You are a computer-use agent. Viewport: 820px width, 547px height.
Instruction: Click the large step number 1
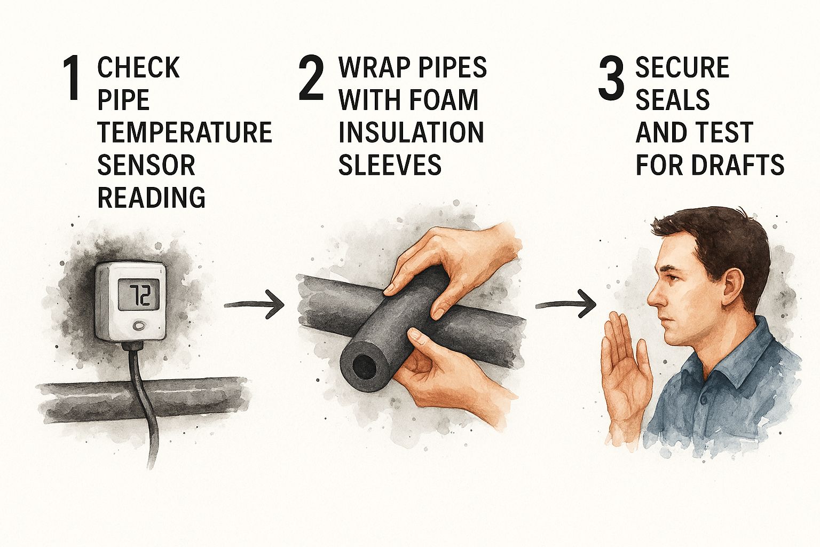[x=72, y=77]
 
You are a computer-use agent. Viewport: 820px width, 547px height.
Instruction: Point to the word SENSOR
[x=146, y=165]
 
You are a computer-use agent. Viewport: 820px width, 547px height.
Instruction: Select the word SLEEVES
[x=390, y=165]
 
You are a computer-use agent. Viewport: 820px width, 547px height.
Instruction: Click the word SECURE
[x=682, y=67]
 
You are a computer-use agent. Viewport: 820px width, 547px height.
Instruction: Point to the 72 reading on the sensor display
[x=139, y=295]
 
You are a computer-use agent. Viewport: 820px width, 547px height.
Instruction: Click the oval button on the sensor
[x=139, y=325]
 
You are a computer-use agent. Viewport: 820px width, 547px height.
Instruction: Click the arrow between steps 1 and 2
[x=254, y=304]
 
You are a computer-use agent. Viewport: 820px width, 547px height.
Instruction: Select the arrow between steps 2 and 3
[x=565, y=304]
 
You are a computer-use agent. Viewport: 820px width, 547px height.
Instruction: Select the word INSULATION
[x=411, y=132]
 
